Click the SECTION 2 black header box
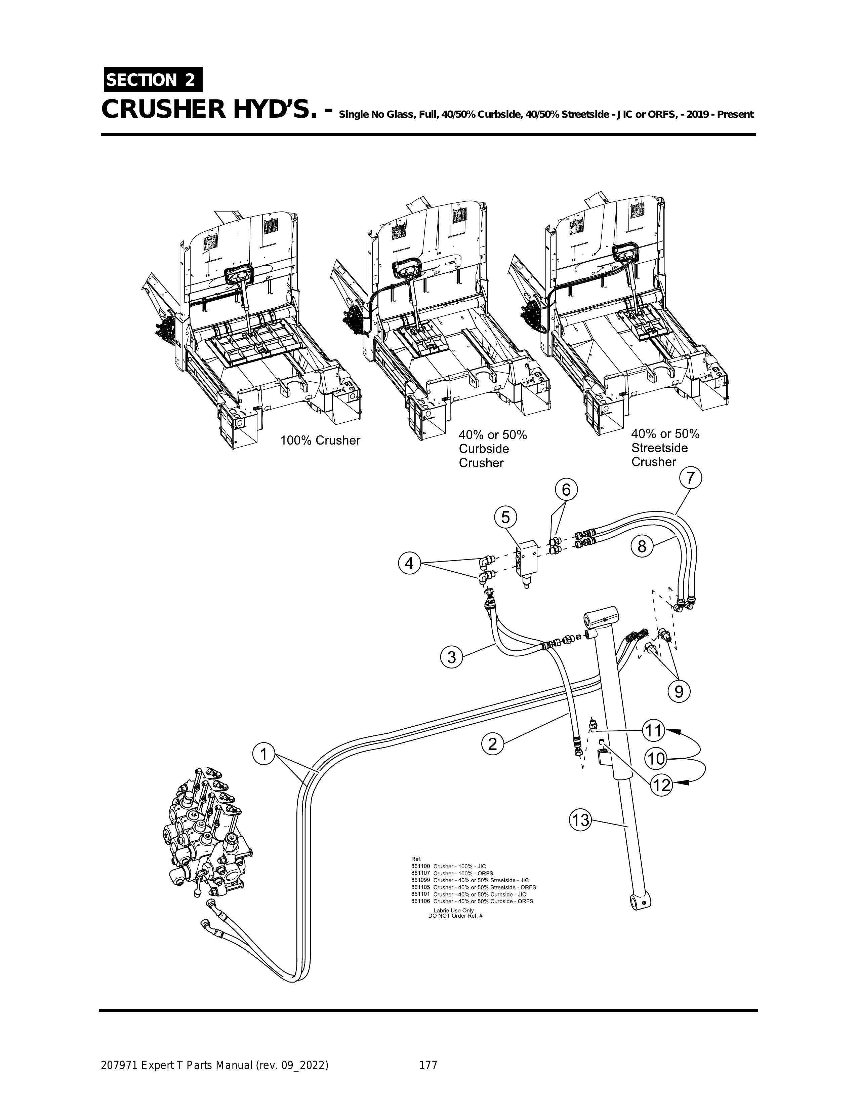(x=152, y=80)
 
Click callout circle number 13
(x=580, y=820)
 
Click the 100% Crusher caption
(x=320, y=440)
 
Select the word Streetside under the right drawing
(x=659, y=448)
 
